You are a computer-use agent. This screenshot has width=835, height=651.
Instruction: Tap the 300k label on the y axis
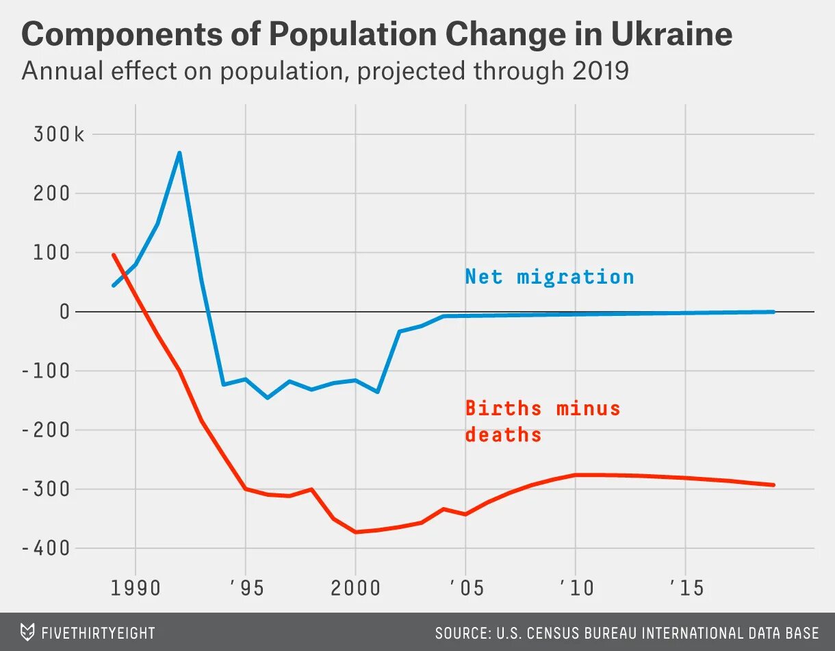coord(59,134)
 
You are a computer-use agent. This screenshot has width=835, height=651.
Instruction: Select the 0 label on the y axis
coord(65,312)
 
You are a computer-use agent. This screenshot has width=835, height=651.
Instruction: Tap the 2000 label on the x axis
coord(355,588)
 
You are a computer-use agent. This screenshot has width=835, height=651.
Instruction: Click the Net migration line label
coord(550,277)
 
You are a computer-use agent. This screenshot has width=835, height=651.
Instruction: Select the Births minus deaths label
coord(542,421)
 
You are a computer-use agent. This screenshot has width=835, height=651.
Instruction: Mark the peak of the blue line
coord(179,153)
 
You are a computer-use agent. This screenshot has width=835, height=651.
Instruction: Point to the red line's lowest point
coord(356,532)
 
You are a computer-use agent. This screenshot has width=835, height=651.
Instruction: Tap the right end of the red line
coord(773,484)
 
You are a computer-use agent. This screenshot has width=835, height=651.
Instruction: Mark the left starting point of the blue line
coord(114,285)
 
